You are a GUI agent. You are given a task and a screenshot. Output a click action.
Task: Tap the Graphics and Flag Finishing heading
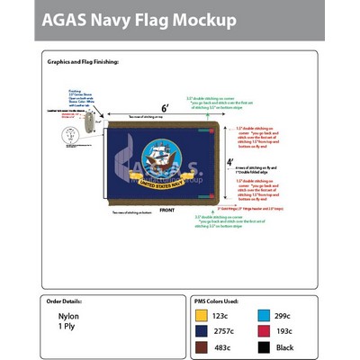click(82, 61)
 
